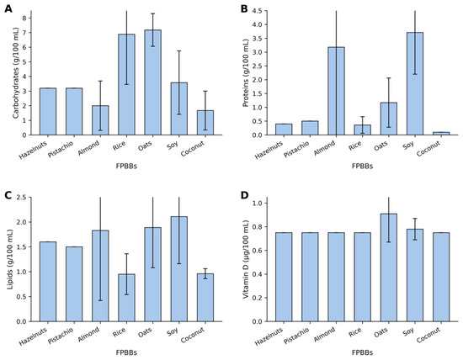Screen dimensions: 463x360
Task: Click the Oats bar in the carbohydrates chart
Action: coord(152,82)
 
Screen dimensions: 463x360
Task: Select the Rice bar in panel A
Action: coord(126,85)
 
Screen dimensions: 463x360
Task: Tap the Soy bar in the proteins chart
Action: coord(415,84)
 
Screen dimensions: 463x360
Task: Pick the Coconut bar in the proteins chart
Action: coord(441,134)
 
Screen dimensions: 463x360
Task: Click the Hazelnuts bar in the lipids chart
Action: coord(48,282)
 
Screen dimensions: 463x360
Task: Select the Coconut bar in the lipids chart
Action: coord(205,298)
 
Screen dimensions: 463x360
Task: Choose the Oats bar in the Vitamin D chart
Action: coord(389,267)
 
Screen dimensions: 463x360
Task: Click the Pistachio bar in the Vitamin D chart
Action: coord(310,277)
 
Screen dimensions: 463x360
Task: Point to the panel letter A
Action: coord(8,9)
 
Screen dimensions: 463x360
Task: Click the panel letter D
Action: coord(244,195)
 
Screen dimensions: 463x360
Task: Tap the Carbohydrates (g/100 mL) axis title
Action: coord(16,73)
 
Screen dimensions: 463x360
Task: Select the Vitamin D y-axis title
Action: coord(246,259)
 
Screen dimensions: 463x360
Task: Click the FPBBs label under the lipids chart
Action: coord(126,352)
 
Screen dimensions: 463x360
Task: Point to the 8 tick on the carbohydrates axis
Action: coord(24,18)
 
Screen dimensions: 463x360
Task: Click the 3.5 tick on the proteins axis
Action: coord(258,39)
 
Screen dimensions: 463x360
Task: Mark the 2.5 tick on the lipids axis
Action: coord(22,197)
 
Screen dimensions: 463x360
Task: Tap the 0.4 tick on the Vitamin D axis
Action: coord(258,274)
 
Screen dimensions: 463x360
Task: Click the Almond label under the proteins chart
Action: coord(325,147)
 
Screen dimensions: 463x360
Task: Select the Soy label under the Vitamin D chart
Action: coord(408,331)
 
